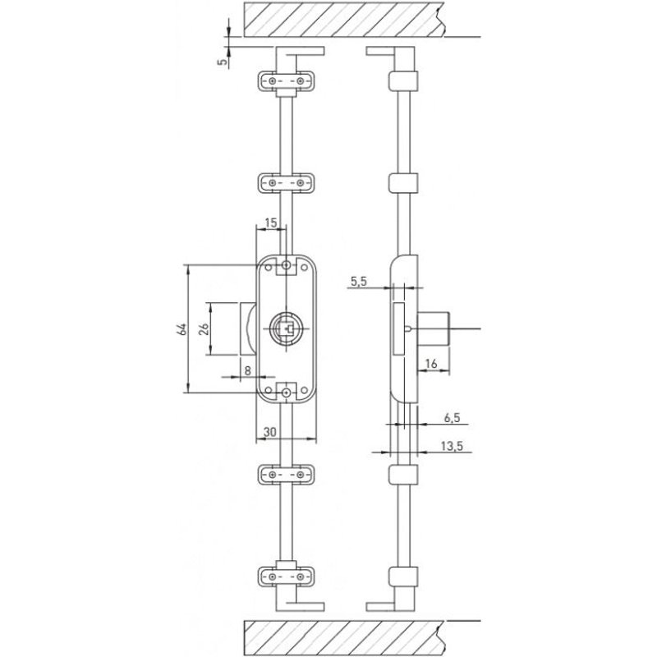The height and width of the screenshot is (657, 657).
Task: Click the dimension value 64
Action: pos(182,329)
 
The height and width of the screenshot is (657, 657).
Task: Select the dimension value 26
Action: pos(204,328)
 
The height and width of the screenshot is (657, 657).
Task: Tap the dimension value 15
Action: pos(271,223)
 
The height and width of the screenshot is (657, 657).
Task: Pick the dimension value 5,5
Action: pos(358,282)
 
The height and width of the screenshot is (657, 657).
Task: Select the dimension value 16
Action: pos(432,362)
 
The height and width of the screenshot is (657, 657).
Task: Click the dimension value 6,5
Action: pos(452,417)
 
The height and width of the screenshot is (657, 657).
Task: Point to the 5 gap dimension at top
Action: pos(223,60)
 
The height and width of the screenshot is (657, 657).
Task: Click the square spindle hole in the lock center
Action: pos(285,328)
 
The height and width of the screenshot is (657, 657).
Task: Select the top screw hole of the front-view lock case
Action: pos(285,266)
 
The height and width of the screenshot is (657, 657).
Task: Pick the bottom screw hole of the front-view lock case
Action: pos(285,394)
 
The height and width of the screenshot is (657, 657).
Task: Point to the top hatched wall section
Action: pos(345,18)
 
